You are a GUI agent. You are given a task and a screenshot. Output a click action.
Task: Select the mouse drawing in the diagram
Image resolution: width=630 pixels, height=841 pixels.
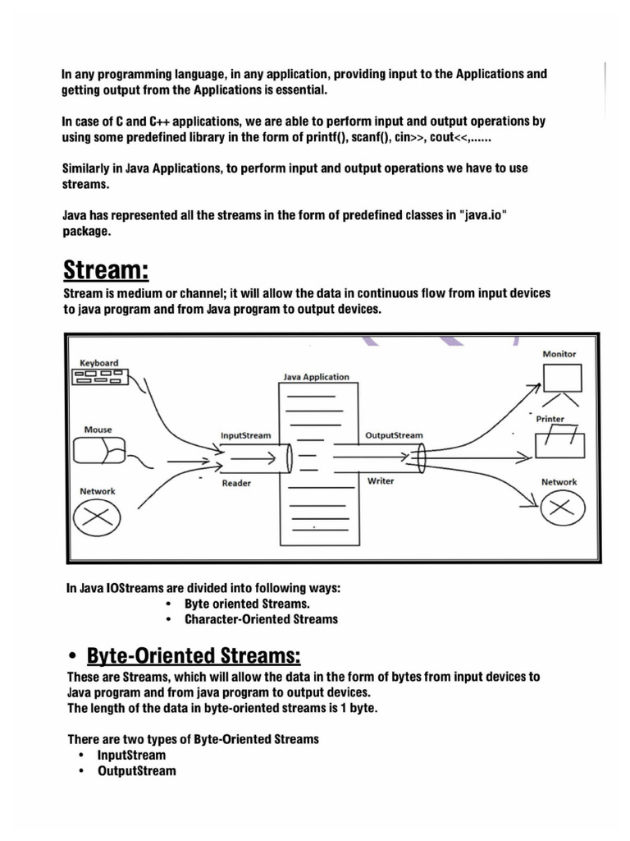(99, 452)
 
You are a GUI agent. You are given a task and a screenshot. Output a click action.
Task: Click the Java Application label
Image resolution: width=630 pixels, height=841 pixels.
(316, 377)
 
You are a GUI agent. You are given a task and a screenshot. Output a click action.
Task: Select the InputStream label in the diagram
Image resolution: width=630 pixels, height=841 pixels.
(245, 435)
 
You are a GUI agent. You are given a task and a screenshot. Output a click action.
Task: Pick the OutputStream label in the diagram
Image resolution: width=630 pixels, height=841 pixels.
(393, 435)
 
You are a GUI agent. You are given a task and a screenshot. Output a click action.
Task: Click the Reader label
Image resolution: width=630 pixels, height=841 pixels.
(236, 484)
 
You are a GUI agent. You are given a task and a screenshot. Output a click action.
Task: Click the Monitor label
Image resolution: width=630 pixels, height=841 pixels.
(559, 354)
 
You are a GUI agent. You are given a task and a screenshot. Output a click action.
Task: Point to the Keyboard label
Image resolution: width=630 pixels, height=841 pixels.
(99, 362)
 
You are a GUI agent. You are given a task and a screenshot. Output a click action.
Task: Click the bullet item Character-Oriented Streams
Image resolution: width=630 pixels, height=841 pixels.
(261, 619)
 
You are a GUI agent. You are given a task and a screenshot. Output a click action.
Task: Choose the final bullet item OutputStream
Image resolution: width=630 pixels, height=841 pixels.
(136, 771)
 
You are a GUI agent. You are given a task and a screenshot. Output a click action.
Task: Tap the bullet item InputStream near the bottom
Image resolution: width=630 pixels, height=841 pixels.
(131, 755)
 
